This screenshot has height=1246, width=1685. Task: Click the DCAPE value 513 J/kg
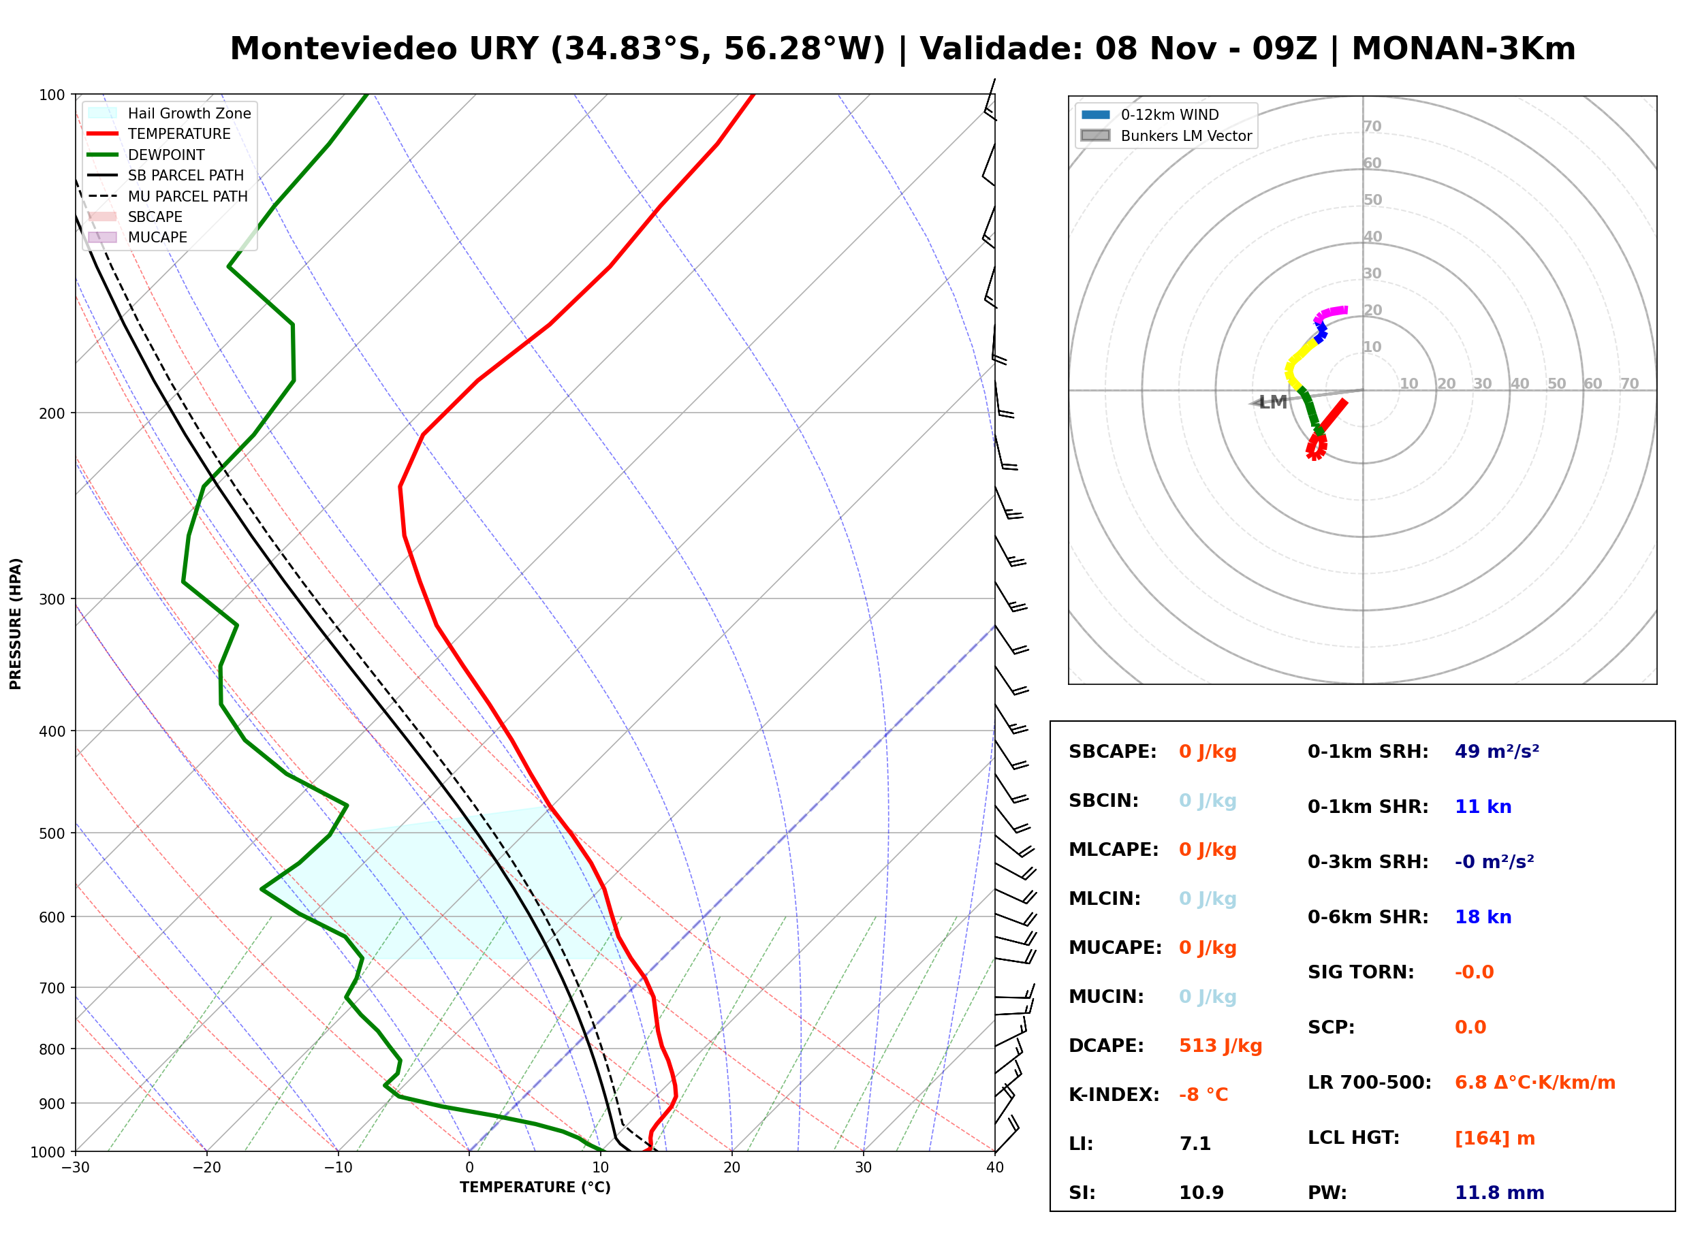pos(1221,1046)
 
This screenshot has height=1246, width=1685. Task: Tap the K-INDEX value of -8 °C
pos(1203,1095)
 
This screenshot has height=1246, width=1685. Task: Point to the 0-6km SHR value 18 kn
pos(1483,917)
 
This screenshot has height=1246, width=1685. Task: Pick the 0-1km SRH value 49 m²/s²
pos(1496,751)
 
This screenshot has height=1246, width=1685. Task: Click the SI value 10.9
pos(1201,1193)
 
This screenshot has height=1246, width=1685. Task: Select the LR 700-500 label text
pos(1369,1083)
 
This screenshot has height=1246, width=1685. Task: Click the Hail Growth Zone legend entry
pos(170,113)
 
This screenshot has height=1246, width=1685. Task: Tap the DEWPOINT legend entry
pos(147,155)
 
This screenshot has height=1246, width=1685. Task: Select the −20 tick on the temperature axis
pos(206,1168)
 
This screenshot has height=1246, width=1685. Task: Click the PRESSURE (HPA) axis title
pos(16,624)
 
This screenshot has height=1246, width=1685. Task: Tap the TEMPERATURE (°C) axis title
pos(535,1188)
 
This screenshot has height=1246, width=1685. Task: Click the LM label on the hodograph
pos(1272,402)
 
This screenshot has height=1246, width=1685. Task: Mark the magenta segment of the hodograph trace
pos(1331,313)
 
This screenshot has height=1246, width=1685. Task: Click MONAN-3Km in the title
pos(1463,49)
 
